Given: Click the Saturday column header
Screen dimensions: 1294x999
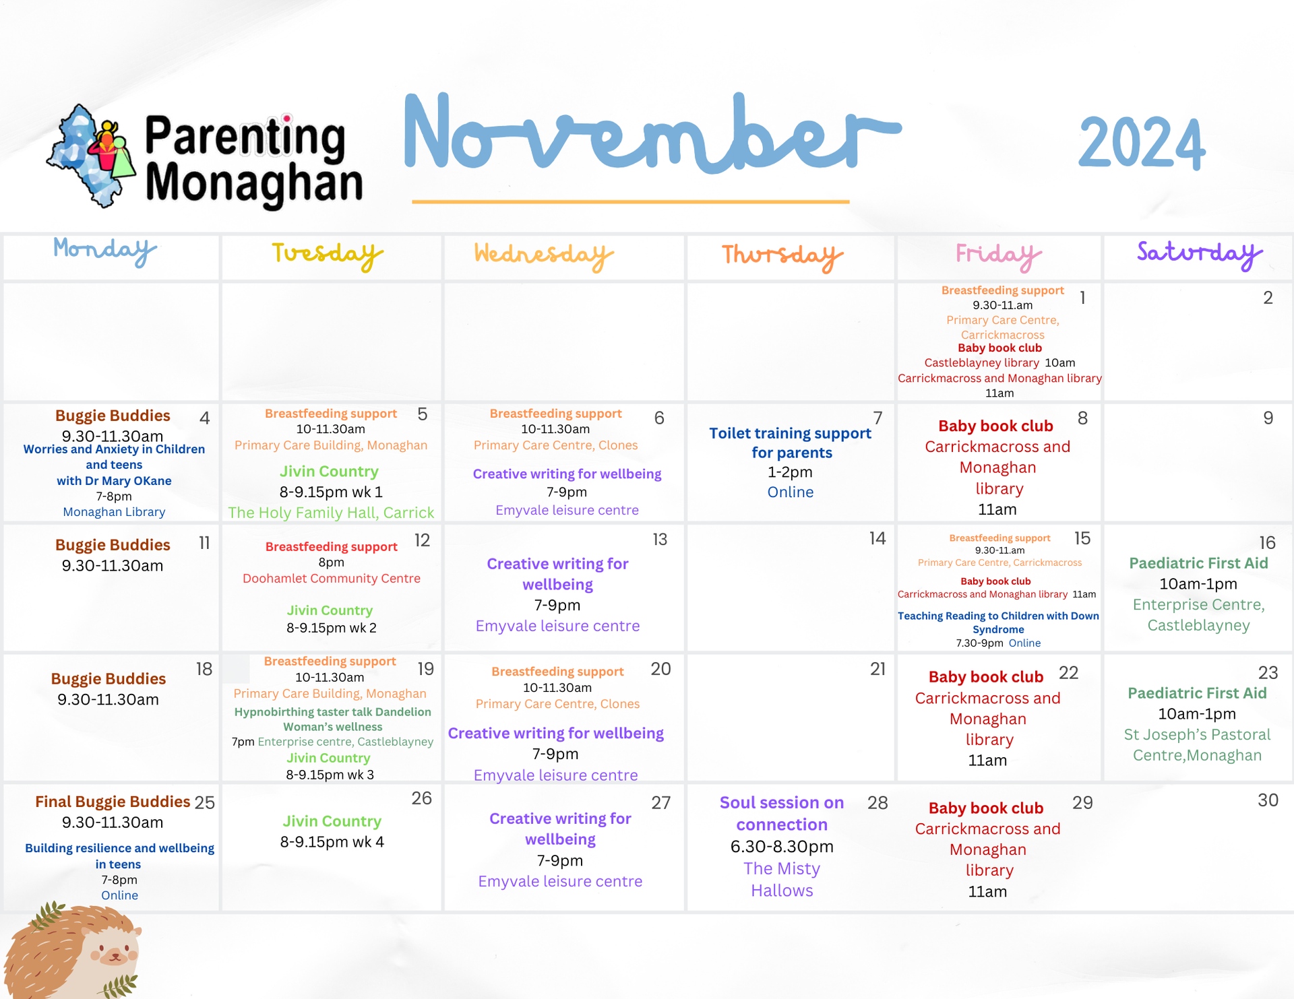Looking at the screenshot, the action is [x=1200, y=255].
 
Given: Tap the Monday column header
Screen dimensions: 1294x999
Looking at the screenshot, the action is [x=105, y=251].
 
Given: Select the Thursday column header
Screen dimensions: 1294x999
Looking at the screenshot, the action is [x=782, y=257].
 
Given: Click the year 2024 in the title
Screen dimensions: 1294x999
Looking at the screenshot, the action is [x=1142, y=143].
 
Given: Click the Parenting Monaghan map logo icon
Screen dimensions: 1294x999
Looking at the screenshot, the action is [x=92, y=156].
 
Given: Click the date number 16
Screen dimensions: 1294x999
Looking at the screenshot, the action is [x=1267, y=543].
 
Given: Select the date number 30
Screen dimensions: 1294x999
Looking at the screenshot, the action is [x=1268, y=800].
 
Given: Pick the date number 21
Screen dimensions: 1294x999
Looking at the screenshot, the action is [x=877, y=669].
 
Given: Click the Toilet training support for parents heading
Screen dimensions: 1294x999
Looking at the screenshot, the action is [x=791, y=443].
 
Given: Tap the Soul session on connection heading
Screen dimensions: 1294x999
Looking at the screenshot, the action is [x=782, y=813].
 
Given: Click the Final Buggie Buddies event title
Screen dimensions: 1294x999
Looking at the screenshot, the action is [x=113, y=802].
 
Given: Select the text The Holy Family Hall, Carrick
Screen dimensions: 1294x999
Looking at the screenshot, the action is [x=331, y=513].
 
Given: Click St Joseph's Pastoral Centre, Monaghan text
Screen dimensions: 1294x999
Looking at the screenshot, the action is [x=1197, y=745].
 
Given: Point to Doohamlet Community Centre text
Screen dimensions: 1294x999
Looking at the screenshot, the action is [x=332, y=579].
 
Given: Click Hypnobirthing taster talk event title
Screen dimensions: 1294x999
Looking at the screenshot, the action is [x=333, y=719].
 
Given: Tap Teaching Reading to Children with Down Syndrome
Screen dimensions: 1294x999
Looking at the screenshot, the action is [x=998, y=622].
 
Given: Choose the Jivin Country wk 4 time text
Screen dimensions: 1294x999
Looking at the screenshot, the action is [x=332, y=842].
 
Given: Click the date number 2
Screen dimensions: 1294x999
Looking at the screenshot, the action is [x=1268, y=298].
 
